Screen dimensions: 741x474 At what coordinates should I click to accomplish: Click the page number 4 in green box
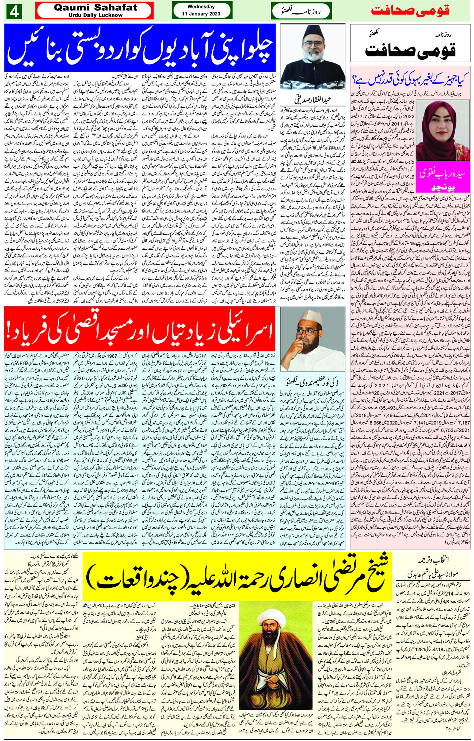coord(14,11)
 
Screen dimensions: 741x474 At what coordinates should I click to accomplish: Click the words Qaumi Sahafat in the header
coord(95,7)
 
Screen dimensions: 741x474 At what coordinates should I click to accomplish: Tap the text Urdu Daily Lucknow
coord(95,15)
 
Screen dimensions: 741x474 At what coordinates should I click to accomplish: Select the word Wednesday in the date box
coord(201,7)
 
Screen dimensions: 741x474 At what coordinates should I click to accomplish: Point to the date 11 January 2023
coord(201,14)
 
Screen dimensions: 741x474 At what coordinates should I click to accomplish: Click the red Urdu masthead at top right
coord(410,11)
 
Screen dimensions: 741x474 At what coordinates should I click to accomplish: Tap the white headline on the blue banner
coord(140,48)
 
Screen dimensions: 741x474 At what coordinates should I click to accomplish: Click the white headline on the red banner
coord(140,330)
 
